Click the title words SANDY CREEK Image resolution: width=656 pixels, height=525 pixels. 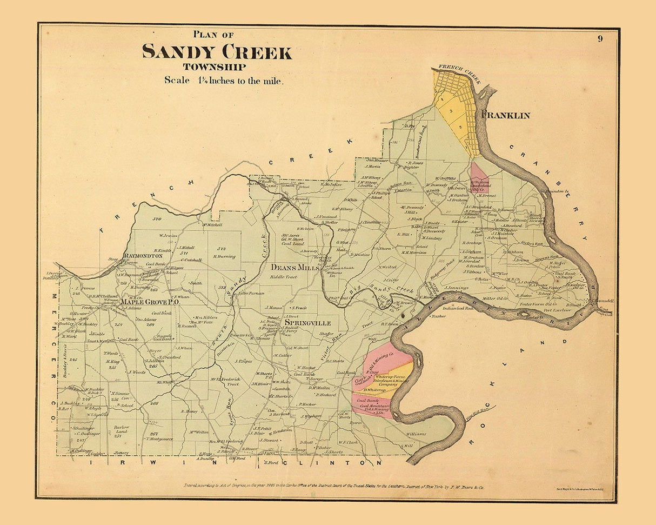click(217, 52)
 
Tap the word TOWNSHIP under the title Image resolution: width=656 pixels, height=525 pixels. click(214, 68)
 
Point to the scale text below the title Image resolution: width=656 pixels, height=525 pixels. click(224, 81)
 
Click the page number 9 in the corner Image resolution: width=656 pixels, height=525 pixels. click(600, 38)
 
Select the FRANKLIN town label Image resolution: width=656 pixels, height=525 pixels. click(506, 115)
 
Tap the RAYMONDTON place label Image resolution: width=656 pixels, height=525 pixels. click(143, 256)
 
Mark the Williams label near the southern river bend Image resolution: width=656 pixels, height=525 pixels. click(416, 434)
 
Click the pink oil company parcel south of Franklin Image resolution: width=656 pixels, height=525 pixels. click(479, 178)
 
